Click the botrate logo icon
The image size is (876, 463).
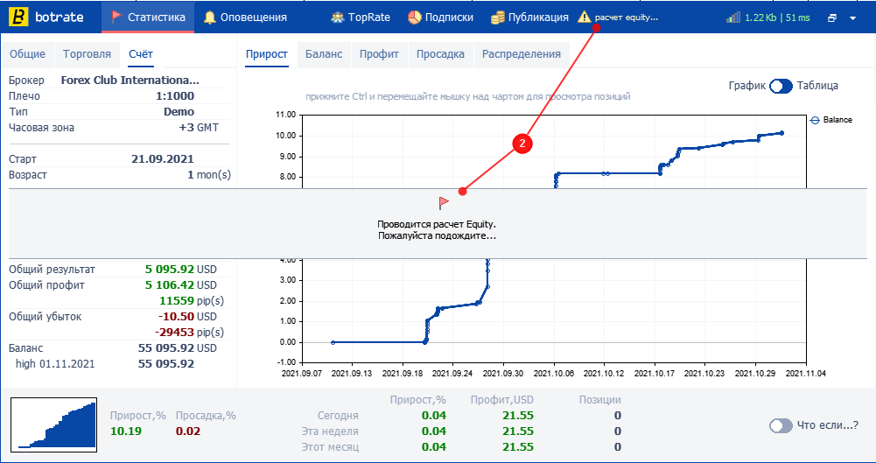(21, 17)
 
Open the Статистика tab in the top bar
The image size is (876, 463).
(148, 17)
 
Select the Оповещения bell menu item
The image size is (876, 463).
(245, 17)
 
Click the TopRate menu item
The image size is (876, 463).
(361, 17)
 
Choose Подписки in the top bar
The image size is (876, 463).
(440, 17)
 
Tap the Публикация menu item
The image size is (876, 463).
(529, 17)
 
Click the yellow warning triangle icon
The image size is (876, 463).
(585, 17)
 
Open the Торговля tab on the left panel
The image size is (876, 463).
(88, 54)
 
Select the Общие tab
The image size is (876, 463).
(27, 54)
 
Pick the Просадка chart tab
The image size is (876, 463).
(441, 54)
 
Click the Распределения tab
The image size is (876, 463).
(522, 54)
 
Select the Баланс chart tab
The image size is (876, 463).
(324, 54)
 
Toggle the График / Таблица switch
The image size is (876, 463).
(781, 86)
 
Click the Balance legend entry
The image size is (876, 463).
(831, 120)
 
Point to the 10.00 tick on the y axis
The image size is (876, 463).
(285, 136)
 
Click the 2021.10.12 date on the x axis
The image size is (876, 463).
(604, 373)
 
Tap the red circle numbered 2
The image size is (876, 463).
(522, 143)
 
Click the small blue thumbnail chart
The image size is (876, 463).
(54, 424)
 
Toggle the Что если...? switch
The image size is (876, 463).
(781, 425)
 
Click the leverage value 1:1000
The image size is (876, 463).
(175, 96)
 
